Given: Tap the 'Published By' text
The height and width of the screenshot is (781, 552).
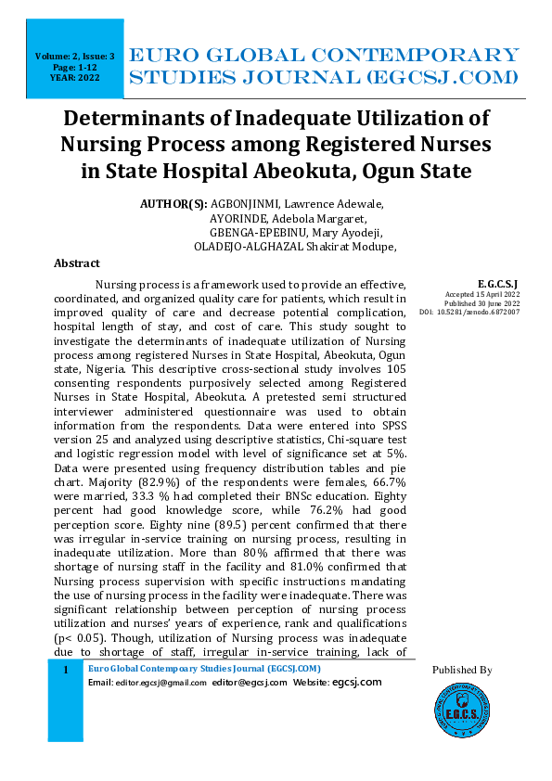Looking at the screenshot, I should (x=462, y=670).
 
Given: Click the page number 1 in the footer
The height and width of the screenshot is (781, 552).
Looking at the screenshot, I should (x=65, y=670).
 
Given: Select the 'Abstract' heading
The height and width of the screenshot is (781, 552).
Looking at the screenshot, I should (x=77, y=263).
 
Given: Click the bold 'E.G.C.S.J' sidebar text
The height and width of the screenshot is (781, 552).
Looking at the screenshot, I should (x=497, y=283).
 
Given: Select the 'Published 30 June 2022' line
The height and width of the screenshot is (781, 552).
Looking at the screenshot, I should (x=481, y=302).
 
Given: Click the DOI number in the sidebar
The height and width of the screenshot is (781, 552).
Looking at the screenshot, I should (x=492, y=312).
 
